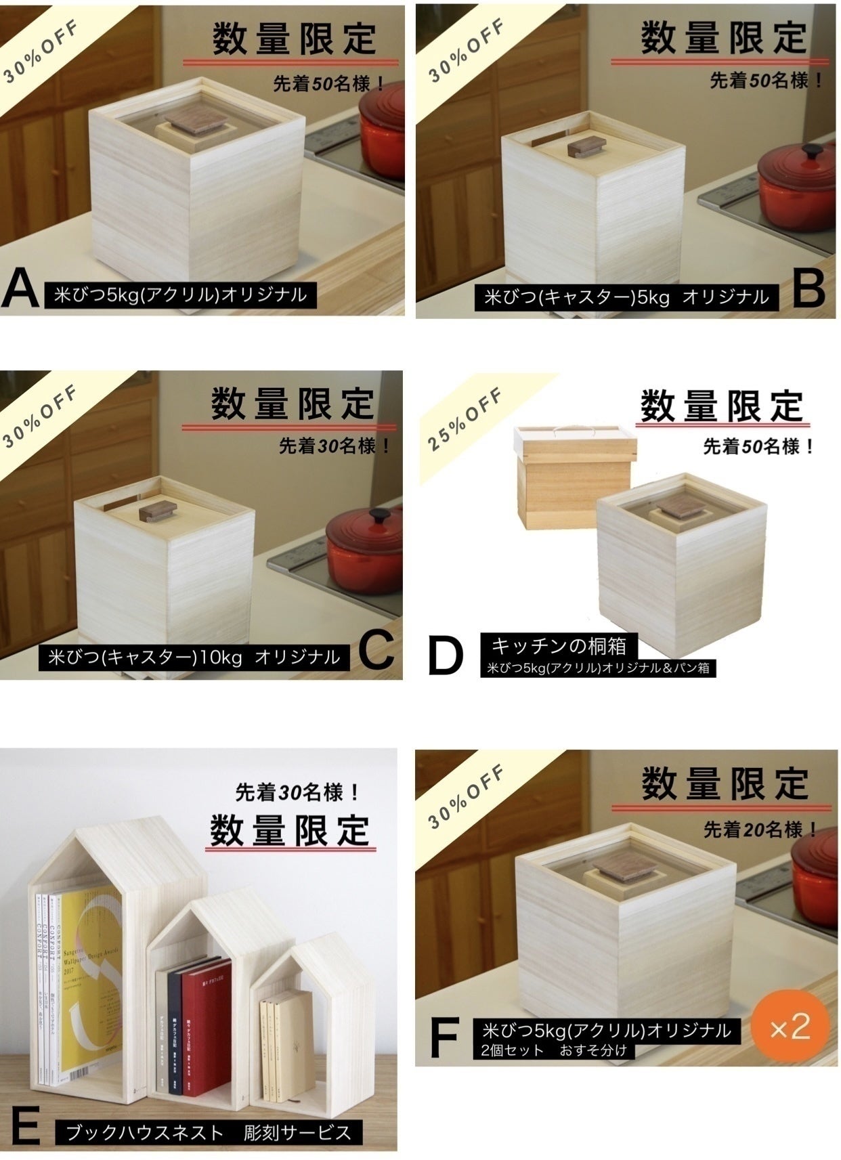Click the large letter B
(808, 288)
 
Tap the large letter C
(376, 651)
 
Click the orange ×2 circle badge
(790, 1027)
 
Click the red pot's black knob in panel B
(811, 150)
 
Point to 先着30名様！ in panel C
(335, 446)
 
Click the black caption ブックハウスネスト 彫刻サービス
(209, 1132)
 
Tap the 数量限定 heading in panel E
(290, 831)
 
